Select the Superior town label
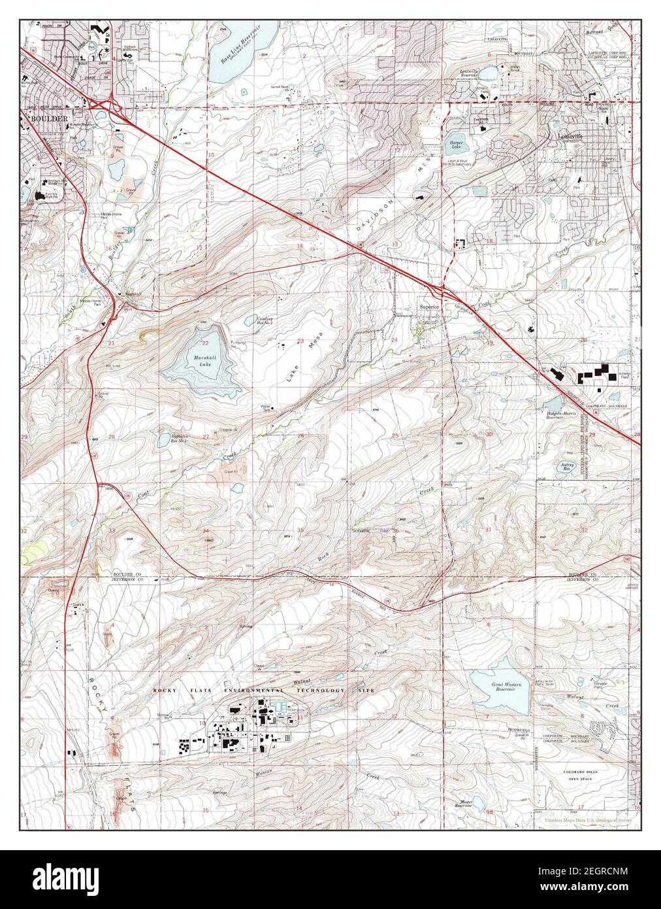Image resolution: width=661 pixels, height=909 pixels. pyautogui.click(x=429, y=306)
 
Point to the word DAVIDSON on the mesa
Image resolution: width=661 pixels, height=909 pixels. pyautogui.click(x=376, y=211)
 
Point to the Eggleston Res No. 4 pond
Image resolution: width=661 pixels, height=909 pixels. pyautogui.click(x=163, y=440)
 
